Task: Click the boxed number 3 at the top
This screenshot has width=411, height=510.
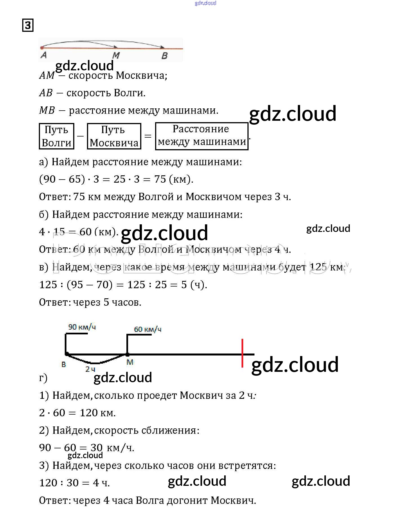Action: (28, 25)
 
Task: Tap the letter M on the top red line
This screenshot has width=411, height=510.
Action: (116, 55)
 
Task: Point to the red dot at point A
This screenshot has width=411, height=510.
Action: (42, 48)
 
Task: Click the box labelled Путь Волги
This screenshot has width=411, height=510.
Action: (57, 136)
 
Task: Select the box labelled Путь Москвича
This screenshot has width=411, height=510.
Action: (114, 136)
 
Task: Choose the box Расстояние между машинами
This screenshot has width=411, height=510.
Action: (202, 136)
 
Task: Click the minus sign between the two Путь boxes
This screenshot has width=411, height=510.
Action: (81, 136)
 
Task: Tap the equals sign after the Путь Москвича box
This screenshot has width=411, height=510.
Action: (148, 136)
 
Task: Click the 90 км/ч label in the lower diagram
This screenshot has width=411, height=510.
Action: (82, 327)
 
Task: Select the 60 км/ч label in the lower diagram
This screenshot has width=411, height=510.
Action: (148, 329)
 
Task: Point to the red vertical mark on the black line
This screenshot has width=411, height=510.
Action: (242, 353)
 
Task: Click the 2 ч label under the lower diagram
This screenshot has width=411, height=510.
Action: (90, 369)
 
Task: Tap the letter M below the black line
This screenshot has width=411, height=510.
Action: (130, 362)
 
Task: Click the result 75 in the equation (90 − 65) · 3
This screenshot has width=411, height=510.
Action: (160, 179)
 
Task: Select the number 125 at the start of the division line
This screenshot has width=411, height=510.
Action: (48, 285)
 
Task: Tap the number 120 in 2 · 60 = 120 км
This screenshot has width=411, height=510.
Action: (88, 413)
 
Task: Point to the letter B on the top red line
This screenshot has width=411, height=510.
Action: (165, 56)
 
